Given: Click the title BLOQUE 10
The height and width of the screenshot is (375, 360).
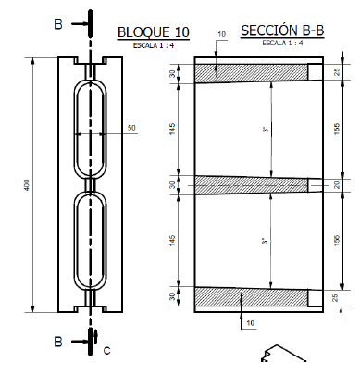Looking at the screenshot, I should click(x=153, y=32).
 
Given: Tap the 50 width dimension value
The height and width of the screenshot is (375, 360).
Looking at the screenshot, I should click(x=130, y=127).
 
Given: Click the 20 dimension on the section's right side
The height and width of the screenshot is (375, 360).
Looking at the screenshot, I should click(x=337, y=184).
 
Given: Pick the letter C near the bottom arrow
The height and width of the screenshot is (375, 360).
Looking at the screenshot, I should click(x=107, y=349).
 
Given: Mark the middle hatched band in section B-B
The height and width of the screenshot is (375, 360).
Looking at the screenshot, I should click(x=250, y=184).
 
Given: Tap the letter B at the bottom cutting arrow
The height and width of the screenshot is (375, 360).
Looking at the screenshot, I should click(x=58, y=342).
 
